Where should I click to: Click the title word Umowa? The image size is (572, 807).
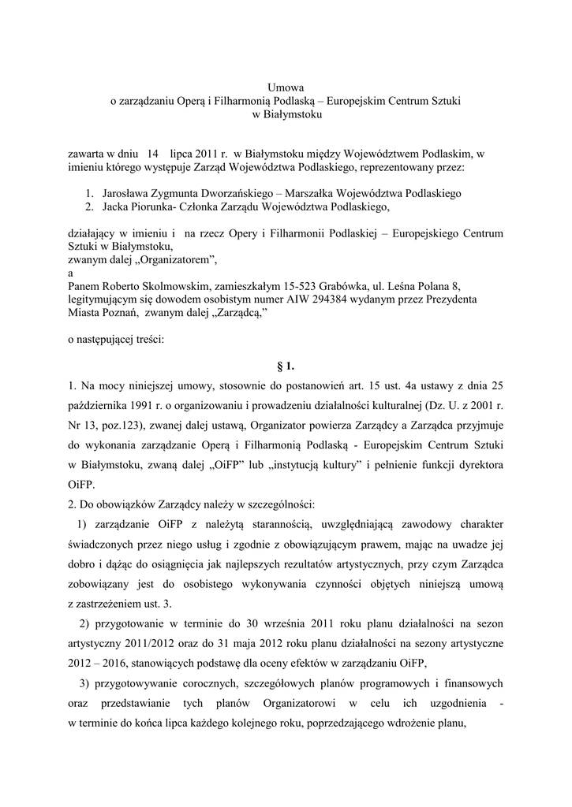click(285, 87)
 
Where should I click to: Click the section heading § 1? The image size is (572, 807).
click(286, 366)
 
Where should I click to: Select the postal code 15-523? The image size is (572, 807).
click(293, 286)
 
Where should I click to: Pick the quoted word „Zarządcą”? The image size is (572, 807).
click(236, 313)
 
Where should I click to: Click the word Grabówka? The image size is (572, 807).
click(339, 286)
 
